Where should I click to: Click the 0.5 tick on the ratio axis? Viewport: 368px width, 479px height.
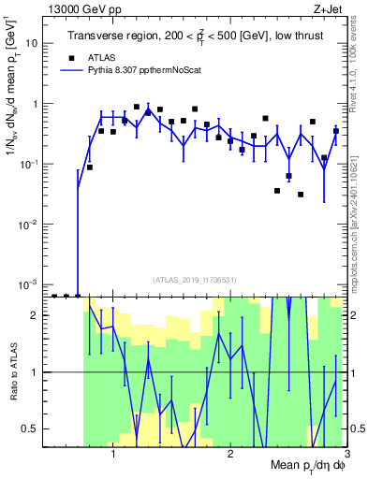(x=30, y=428)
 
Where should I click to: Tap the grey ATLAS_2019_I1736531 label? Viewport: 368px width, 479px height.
(x=195, y=280)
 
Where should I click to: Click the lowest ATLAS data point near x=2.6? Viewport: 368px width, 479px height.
(x=301, y=195)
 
